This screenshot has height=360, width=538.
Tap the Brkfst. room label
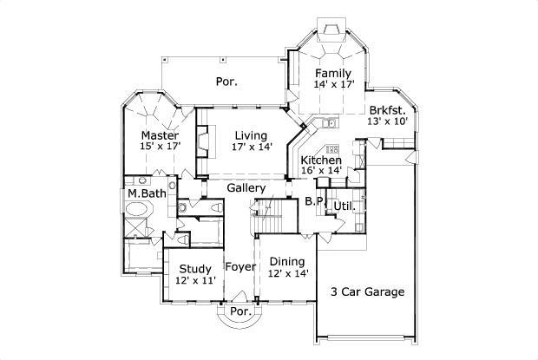click(x=387, y=110)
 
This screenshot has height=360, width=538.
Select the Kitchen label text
click(x=321, y=160)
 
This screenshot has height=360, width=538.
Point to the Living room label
click(x=252, y=135)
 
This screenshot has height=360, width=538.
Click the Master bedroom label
click(x=160, y=136)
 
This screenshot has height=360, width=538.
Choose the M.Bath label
click(x=146, y=193)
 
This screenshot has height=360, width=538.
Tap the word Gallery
click(x=246, y=188)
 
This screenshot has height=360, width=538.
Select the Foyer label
click(x=240, y=266)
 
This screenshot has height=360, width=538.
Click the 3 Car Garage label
click(x=367, y=291)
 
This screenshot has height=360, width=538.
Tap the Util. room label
click(x=344, y=206)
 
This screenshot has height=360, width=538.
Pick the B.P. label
click(x=315, y=202)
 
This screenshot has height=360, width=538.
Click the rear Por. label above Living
click(x=227, y=82)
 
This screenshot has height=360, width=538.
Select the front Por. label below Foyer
click(x=239, y=311)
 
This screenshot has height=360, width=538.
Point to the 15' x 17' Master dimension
click(x=160, y=147)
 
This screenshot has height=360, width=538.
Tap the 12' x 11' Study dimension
click(x=196, y=280)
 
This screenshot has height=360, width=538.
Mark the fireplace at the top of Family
click(x=330, y=32)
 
